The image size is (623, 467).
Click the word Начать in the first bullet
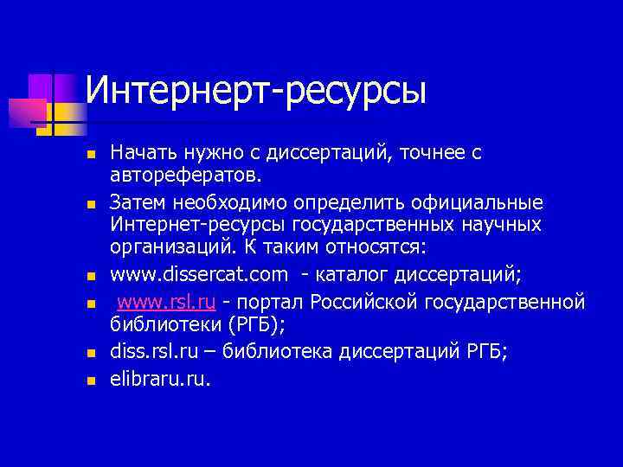tap(139, 153)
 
